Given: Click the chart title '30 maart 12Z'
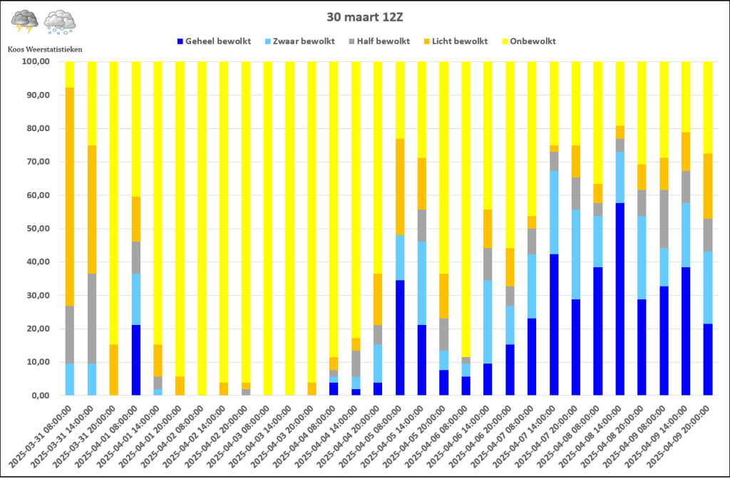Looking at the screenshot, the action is pos(364,18).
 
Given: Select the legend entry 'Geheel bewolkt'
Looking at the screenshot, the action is pos(214,41).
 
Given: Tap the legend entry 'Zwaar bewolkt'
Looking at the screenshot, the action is pos(299,41).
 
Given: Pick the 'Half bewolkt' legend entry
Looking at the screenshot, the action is pos(379,41).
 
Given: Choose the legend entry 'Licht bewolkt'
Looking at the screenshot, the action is pos(456,41).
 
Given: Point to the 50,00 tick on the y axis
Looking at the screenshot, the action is pos(36,229).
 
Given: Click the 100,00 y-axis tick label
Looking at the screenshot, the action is pos(36,61).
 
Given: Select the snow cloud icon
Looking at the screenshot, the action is pos(60,22).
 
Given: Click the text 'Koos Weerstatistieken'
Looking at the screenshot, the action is pos(45,49).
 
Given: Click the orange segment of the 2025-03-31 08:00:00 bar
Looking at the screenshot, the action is pos(70,197).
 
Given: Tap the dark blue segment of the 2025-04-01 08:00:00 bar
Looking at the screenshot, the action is pos(136,360).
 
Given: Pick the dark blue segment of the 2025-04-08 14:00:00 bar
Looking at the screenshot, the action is pos(620,299).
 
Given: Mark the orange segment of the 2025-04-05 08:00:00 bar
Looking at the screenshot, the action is pos(401,187).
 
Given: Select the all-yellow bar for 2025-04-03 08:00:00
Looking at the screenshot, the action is pos(268,228).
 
